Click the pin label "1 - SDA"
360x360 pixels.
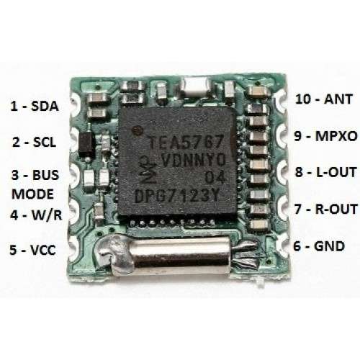click(x=35, y=106)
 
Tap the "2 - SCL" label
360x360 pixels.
click(x=34, y=142)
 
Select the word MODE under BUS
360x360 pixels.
click(x=32, y=194)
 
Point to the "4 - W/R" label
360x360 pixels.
click(x=36, y=215)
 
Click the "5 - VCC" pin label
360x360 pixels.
click(x=32, y=250)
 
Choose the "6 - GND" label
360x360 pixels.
click(x=319, y=246)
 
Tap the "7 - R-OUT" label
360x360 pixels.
click(x=326, y=209)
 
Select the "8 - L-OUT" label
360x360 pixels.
click(x=325, y=172)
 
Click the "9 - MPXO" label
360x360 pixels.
click(x=325, y=136)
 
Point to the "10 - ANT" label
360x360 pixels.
click(x=324, y=99)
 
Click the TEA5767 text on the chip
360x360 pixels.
click(x=186, y=142)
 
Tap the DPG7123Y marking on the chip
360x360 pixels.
click(x=177, y=197)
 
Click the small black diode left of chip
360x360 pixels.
click(x=86, y=145)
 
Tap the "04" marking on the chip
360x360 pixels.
click(x=215, y=178)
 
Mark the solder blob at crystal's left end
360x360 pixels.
click(x=115, y=253)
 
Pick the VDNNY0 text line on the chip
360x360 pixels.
click(x=194, y=160)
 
